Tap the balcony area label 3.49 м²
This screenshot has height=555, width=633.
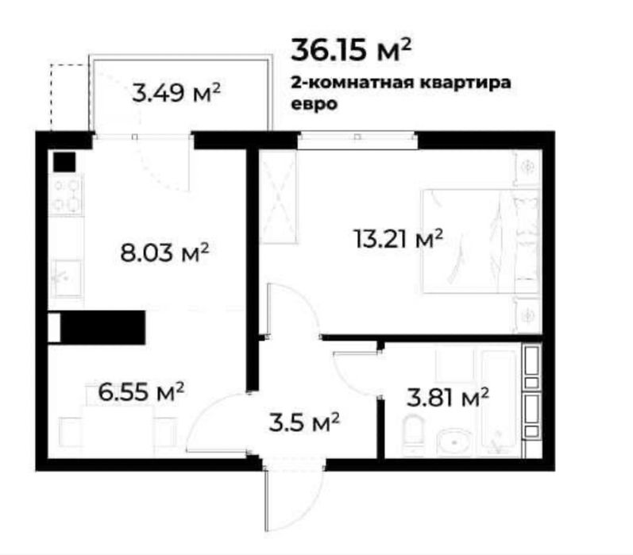[176, 93]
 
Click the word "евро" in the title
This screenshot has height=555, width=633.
[311, 102]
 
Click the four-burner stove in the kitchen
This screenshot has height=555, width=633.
[66, 196]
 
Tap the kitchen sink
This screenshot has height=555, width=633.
[65, 277]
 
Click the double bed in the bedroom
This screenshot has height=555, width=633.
[469, 241]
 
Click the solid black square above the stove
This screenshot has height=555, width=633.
[64, 162]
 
